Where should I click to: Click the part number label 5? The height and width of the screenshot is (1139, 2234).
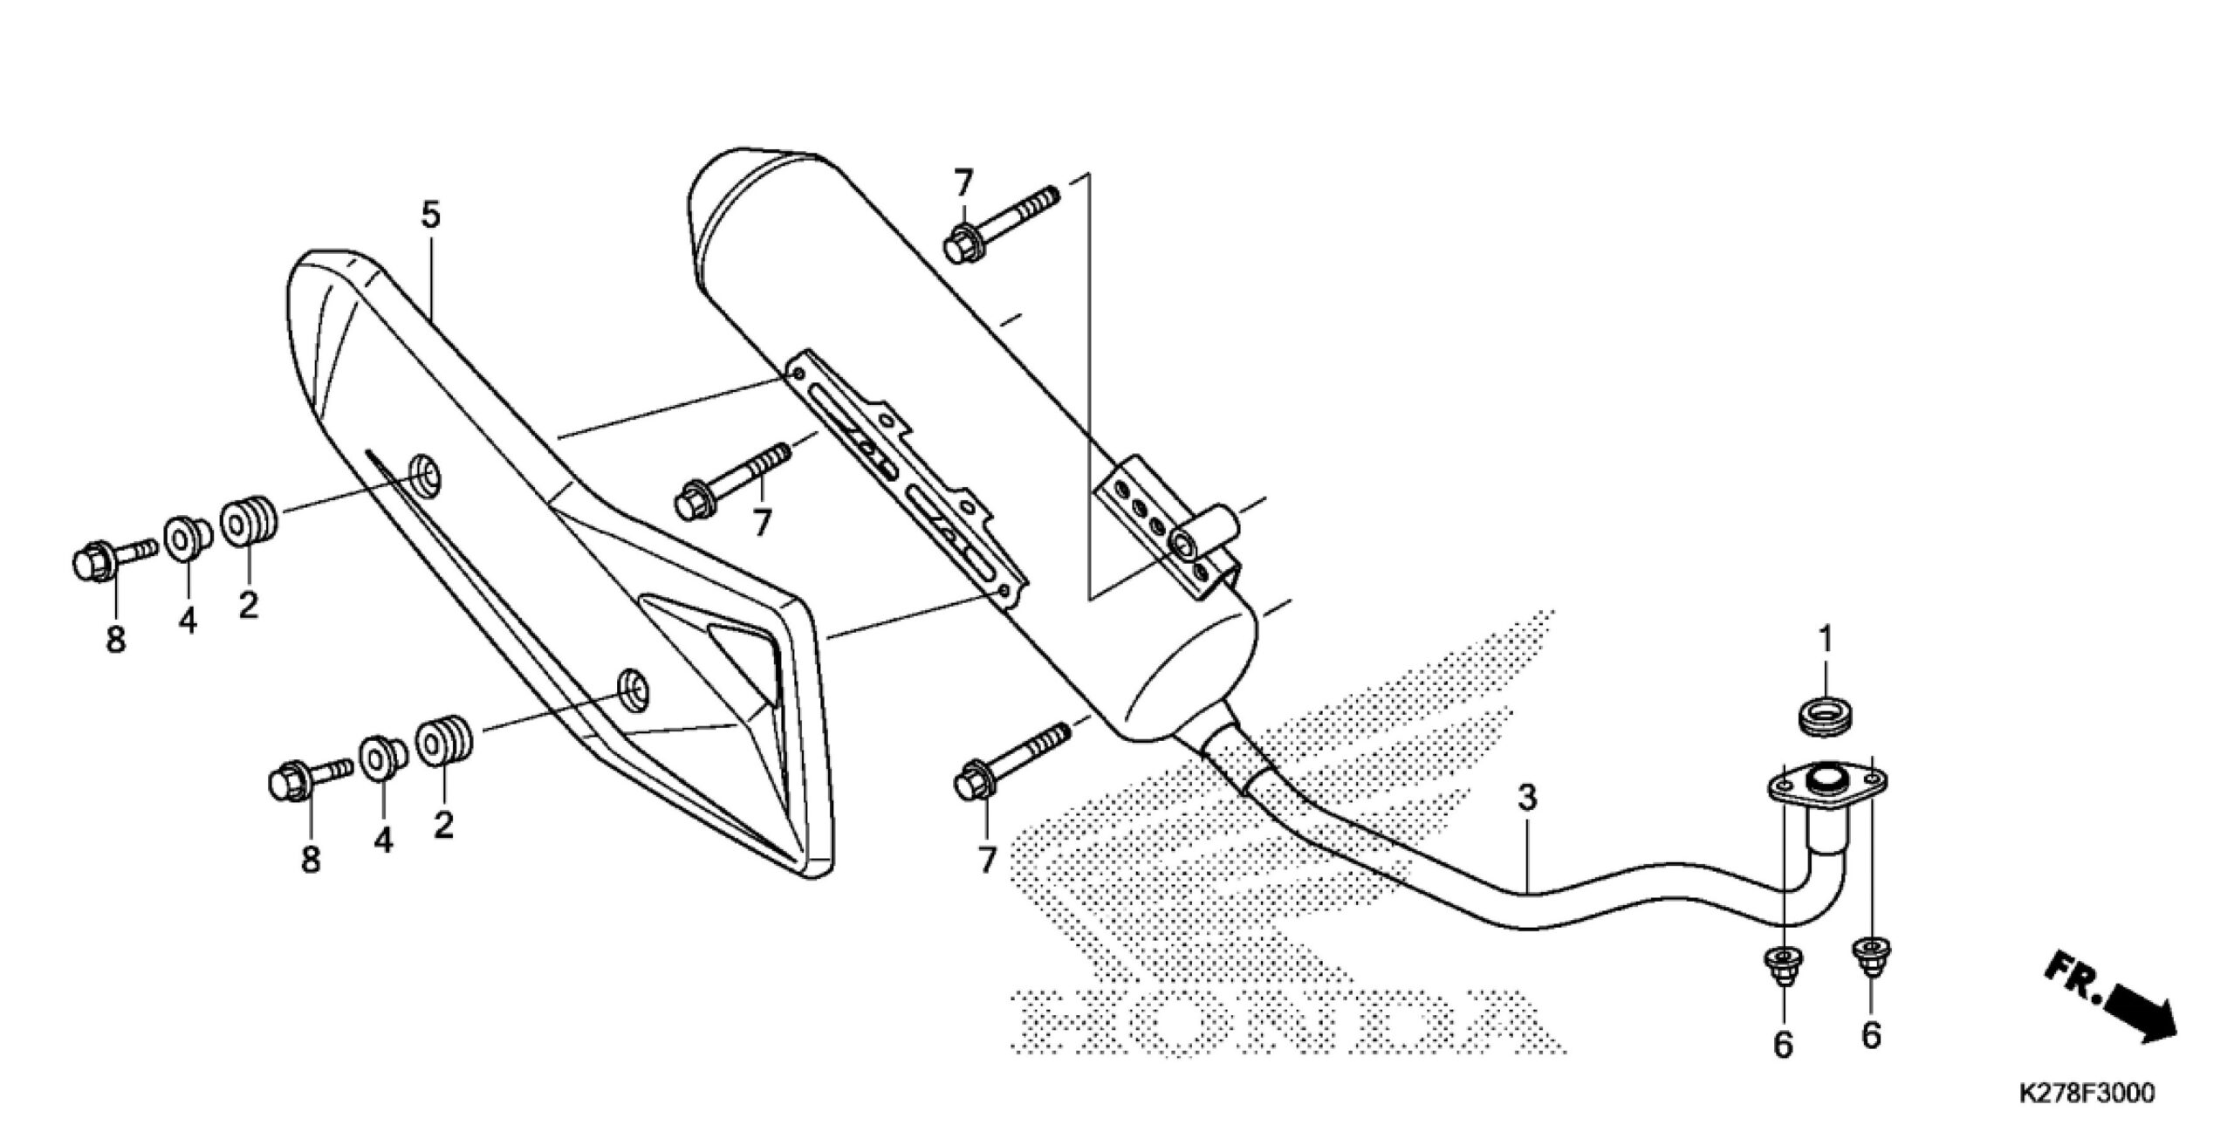(x=431, y=216)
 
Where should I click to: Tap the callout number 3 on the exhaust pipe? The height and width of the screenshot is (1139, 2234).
(x=1526, y=797)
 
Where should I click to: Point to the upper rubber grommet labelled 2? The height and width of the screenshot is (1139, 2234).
(x=250, y=521)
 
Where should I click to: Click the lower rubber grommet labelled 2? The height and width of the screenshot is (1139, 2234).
(x=445, y=741)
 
